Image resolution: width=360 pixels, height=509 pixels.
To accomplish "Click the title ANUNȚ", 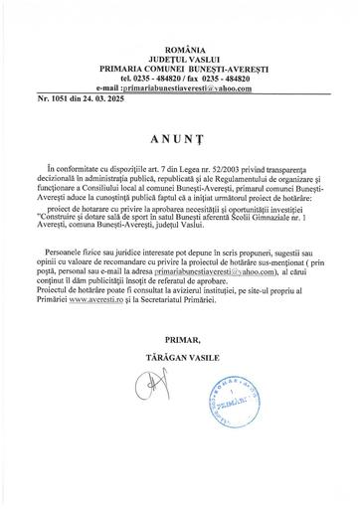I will click(180, 142).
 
